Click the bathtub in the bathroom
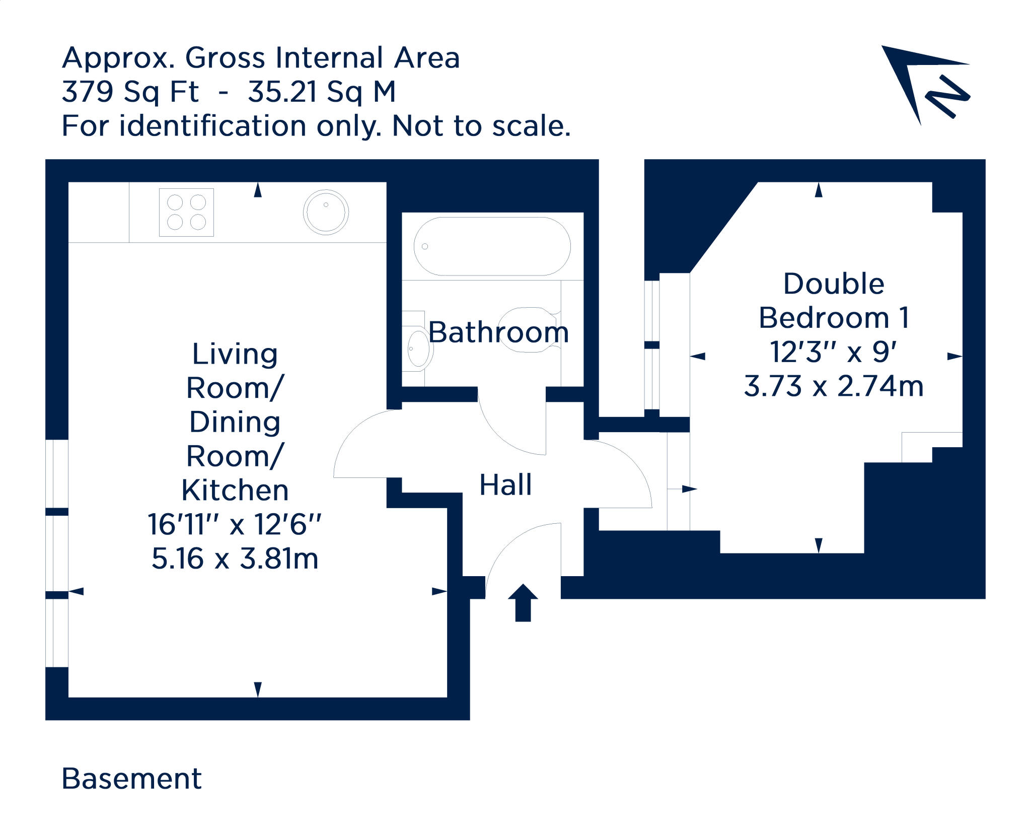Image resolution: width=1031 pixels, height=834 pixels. tap(492, 246)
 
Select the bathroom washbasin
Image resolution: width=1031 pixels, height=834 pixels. tap(418, 347)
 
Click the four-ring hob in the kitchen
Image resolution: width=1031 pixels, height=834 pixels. tap(186, 212)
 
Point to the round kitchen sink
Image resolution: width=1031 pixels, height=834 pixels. tap(326, 212)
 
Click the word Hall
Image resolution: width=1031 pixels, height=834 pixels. tap(505, 485)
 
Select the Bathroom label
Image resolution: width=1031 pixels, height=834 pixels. tap(498, 332)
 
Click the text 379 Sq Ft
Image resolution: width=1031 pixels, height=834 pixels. tap(130, 92)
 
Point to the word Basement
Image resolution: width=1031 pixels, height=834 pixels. tap(131, 779)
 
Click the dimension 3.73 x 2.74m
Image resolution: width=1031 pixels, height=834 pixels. tap(833, 387)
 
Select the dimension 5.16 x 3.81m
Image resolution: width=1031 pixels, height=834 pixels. tap(235, 559)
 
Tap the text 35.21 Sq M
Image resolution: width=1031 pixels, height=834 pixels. tap(322, 92)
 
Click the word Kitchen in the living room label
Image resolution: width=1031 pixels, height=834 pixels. tap(235, 490)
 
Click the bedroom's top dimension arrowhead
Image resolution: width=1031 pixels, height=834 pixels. tap(819, 190)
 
